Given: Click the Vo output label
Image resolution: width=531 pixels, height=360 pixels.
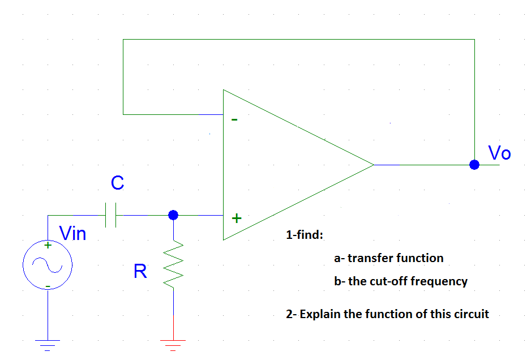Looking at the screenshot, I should (499, 153).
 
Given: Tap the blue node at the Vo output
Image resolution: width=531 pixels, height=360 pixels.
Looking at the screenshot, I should (474, 165).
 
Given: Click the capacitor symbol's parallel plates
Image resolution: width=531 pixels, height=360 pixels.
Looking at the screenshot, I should (112, 215).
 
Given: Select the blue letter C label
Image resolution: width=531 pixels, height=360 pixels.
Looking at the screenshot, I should (117, 183).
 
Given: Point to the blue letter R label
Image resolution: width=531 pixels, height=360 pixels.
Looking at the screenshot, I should (140, 272).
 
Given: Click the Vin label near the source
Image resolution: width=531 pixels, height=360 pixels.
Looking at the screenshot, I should (73, 233).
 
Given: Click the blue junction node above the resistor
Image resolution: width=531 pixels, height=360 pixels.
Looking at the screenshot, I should (174, 215).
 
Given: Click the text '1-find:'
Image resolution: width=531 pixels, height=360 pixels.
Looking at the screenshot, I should (304, 235).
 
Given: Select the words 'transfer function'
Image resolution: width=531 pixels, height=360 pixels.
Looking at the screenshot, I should (395, 258).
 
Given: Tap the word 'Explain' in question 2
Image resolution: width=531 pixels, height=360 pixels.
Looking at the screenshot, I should (320, 314).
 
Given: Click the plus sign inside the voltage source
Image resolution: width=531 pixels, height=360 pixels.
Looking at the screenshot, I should (48, 246).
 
